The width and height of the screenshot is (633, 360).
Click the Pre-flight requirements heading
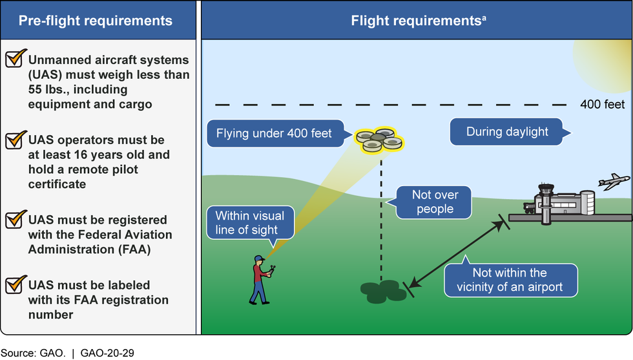click(x=96, y=21)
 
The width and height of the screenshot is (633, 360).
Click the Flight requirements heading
click(x=417, y=21)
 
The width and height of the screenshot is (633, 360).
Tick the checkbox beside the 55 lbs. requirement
click(x=14, y=58)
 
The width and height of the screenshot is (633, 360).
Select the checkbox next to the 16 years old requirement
click(x=14, y=140)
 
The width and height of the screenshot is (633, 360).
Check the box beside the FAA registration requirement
click(x=14, y=220)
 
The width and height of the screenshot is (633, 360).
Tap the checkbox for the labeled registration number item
click(x=14, y=284)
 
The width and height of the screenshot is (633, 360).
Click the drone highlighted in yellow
click(x=379, y=140)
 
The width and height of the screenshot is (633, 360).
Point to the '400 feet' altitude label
click(x=603, y=104)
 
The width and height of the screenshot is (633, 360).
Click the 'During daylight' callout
click(x=507, y=132)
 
